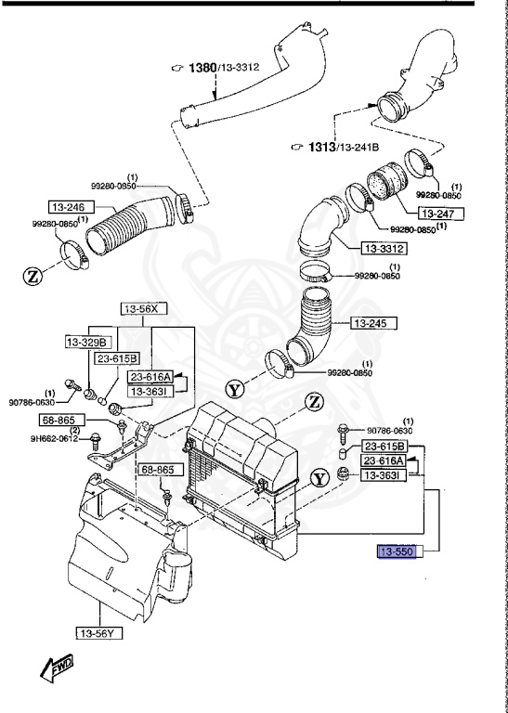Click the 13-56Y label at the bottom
[99, 633]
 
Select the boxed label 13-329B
[87, 343]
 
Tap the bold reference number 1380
[202, 68]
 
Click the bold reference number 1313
[320, 147]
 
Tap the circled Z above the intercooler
[314, 402]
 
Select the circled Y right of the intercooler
[320, 478]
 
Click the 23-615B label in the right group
[384, 447]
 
